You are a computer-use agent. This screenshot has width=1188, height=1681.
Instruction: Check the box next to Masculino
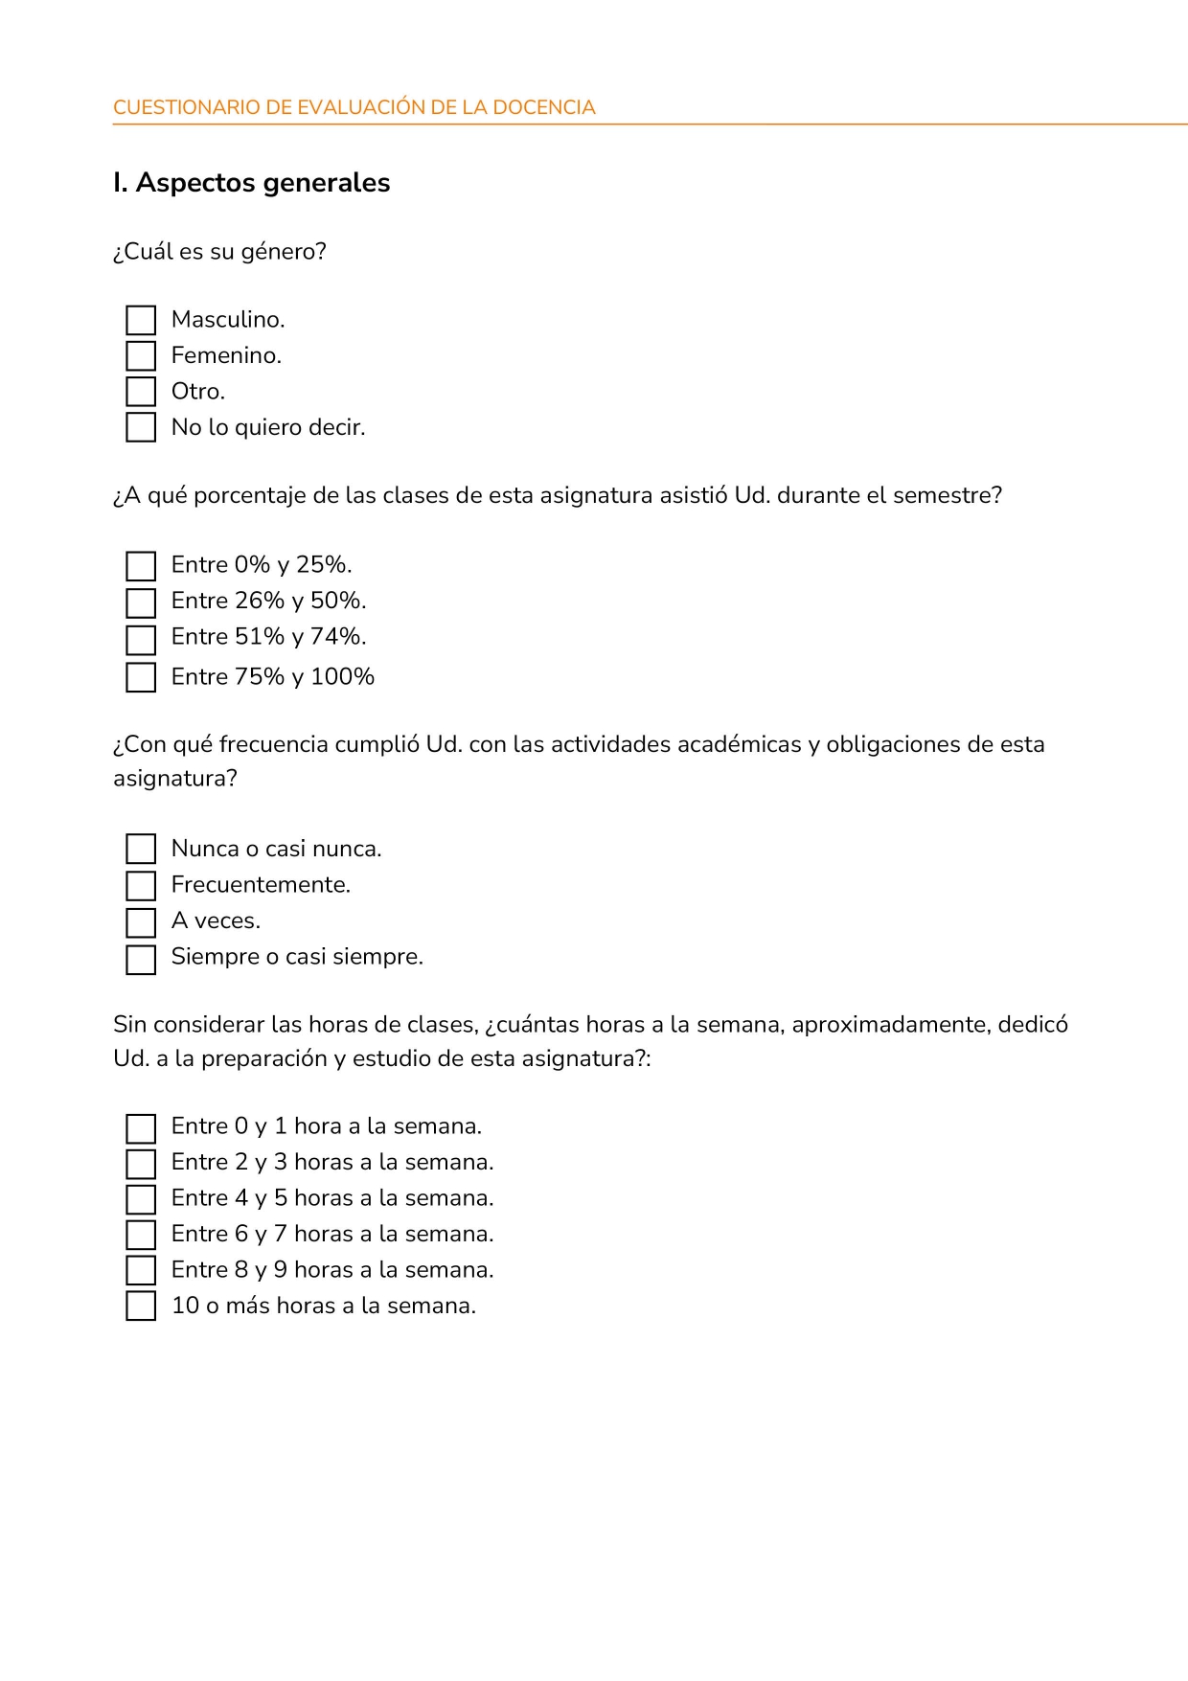click(141, 320)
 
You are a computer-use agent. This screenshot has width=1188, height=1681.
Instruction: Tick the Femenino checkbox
click(141, 355)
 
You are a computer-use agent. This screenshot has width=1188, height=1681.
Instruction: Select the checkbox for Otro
click(141, 391)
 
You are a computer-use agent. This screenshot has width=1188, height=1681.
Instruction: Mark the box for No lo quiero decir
click(141, 427)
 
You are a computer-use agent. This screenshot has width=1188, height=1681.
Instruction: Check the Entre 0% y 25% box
click(141, 566)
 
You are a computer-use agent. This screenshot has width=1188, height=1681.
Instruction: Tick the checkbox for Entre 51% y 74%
click(141, 639)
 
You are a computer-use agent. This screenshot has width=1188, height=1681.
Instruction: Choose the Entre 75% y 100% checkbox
click(141, 677)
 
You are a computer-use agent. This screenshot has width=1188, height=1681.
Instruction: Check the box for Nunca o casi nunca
click(141, 849)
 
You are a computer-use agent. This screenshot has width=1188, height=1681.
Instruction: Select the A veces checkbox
click(141, 922)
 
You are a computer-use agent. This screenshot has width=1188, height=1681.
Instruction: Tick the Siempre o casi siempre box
click(141, 959)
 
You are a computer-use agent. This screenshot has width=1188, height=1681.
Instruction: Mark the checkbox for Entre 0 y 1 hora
click(141, 1128)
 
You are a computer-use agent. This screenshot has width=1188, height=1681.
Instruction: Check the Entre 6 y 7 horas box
click(141, 1235)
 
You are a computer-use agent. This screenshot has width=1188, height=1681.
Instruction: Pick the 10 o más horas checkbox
click(141, 1306)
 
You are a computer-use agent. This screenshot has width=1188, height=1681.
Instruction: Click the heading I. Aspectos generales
click(251, 183)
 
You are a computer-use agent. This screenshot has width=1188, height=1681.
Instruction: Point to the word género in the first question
click(283, 253)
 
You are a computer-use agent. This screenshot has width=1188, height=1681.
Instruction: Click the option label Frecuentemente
click(261, 885)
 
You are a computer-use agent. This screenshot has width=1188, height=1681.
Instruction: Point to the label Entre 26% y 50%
click(268, 601)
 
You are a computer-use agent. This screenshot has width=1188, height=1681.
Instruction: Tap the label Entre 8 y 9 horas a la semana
click(331, 1270)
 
